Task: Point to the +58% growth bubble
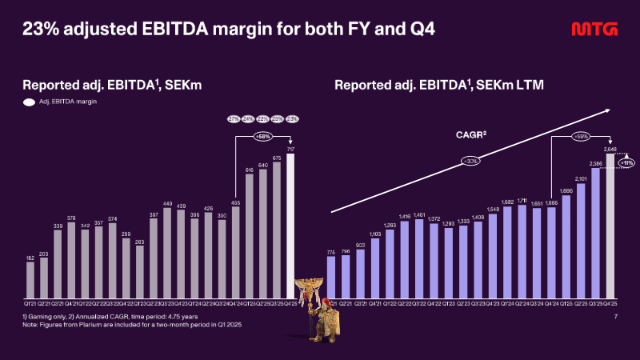(x=262, y=137)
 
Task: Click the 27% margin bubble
(x=234, y=119)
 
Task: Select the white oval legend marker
(x=28, y=102)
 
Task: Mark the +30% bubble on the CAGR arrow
(x=470, y=162)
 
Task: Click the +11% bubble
(x=626, y=163)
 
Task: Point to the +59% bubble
(x=582, y=137)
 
